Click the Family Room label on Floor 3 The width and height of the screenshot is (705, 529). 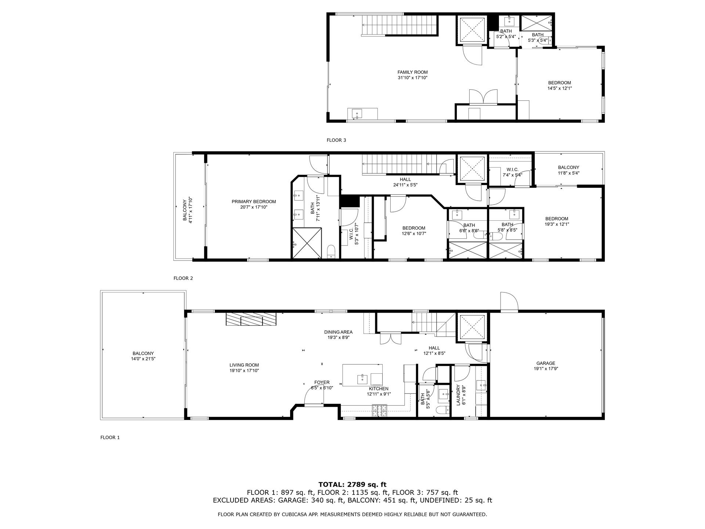pos(412,72)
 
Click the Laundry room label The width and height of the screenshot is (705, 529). pos(458,395)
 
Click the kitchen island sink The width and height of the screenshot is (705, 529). pos(362,378)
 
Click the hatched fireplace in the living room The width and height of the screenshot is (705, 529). pos(251,319)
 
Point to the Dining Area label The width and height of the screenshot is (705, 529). pos(338,332)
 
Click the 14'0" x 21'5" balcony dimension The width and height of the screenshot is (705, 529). pos(143,359)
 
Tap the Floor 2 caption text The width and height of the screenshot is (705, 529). pos(183,278)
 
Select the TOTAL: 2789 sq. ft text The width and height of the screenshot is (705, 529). pos(352,485)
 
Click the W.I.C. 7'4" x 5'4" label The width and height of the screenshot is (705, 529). pos(512,172)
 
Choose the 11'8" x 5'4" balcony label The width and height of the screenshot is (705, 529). pos(568,173)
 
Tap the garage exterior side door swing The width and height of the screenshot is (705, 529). pos(509,301)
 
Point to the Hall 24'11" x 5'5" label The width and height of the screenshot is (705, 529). pos(405,182)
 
